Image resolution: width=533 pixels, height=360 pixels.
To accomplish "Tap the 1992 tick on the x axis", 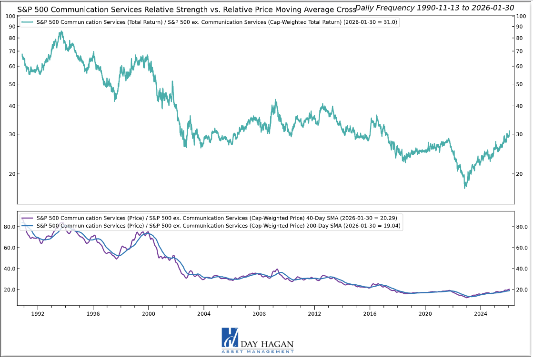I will [38, 314].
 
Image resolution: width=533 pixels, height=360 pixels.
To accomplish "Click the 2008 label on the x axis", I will [259, 314].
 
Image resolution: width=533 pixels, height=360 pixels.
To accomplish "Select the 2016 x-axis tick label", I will [370, 314].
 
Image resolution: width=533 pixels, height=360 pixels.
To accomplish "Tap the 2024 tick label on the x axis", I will [481, 314].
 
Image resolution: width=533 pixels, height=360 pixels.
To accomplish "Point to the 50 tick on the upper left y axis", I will [12, 84].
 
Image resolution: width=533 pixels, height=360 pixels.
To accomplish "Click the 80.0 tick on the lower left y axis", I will [10, 227].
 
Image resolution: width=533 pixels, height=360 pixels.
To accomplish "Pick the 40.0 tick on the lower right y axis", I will [523, 269].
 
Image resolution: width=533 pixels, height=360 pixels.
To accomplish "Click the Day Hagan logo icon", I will [230, 338].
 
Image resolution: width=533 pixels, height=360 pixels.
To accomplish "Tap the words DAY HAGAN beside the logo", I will [267, 344].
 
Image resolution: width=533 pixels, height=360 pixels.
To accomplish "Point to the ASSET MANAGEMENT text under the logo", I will [257, 352].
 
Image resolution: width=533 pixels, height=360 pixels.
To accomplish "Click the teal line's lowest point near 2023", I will [465, 188].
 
